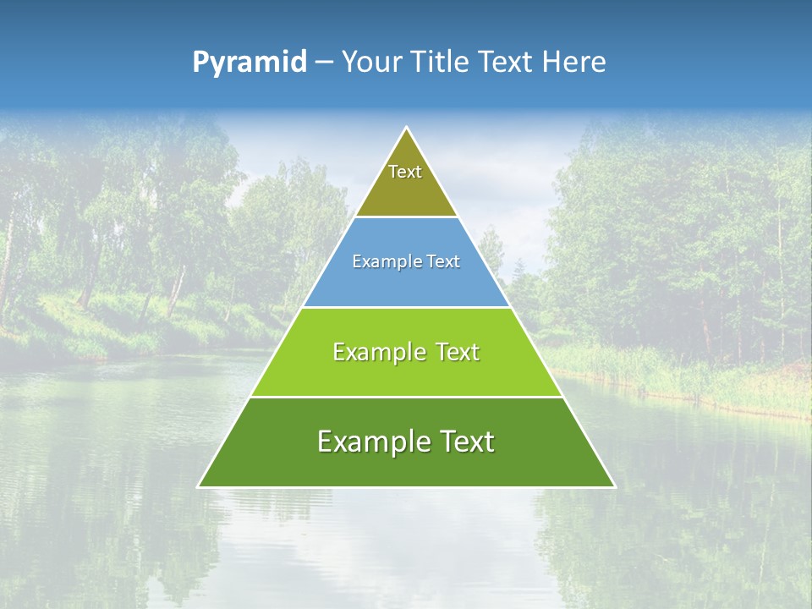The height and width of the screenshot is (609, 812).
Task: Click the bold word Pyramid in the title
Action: tap(250, 63)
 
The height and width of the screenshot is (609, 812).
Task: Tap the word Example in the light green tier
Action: tap(377, 352)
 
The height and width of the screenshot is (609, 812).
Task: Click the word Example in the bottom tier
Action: tap(371, 442)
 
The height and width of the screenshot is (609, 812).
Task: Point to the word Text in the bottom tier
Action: tap(466, 442)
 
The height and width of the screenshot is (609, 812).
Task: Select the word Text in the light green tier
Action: tap(457, 352)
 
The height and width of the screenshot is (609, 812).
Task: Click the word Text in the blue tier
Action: tap(442, 262)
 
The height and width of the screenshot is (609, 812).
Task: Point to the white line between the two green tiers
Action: tap(406, 397)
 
